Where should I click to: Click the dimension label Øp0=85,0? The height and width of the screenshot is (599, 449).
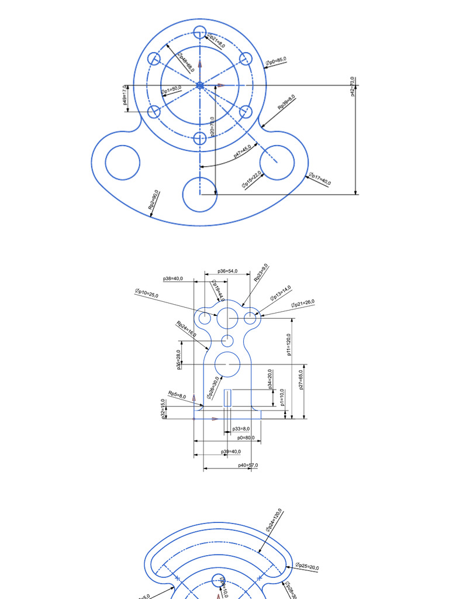[x=275, y=61]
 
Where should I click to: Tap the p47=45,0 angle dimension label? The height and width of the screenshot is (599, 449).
[x=242, y=152]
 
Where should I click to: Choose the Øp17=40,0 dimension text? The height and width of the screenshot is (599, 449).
[x=320, y=179]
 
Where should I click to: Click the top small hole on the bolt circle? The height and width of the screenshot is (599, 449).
[x=199, y=33]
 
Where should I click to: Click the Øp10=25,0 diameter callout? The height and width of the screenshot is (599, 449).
[x=147, y=294]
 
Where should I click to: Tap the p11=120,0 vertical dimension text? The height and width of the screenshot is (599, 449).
[x=289, y=345]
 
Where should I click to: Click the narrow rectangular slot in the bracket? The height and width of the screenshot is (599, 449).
[x=228, y=398]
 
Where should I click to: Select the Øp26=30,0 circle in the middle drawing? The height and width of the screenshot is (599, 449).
[x=227, y=365]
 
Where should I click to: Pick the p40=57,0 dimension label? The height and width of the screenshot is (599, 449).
[x=248, y=466]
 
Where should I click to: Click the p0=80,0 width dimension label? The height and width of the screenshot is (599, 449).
[x=245, y=438]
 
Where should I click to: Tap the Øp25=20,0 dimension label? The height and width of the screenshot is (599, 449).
[x=307, y=566]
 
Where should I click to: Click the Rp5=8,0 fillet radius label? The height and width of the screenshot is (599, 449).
[x=177, y=395]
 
